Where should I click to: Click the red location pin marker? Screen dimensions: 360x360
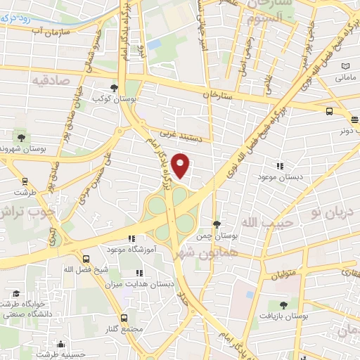coord(181,165)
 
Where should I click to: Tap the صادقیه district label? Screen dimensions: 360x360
coord(49,80)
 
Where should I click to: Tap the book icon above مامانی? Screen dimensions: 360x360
coord(345,66)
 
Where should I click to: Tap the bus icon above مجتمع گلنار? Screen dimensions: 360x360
coord(125,318)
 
